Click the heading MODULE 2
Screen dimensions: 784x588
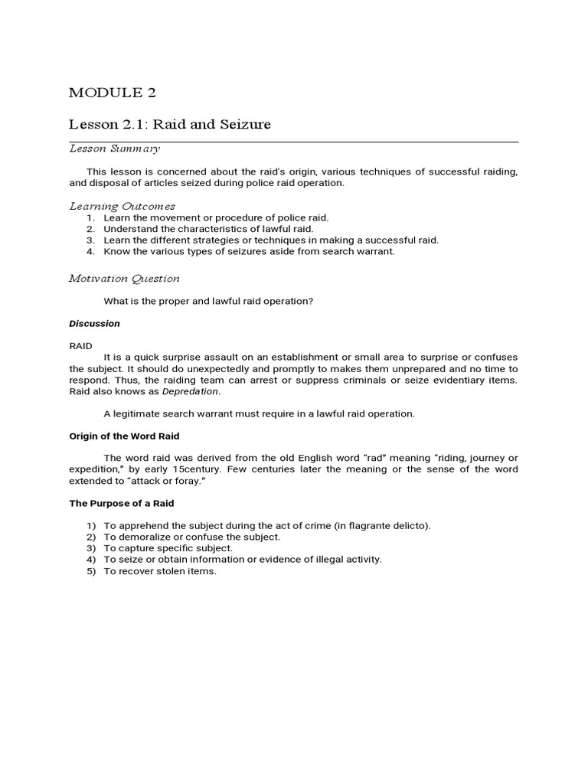click(112, 93)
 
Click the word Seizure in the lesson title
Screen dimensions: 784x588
click(243, 124)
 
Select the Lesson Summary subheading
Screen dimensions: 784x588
click(114, 149)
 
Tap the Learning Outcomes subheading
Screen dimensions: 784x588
click(122, 206)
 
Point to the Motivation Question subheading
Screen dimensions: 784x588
click(124, 279)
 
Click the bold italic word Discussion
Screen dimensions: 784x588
click(94, 324)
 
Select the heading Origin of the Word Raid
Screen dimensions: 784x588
click(124, 436)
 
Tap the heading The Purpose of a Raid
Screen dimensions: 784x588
click(122, 503)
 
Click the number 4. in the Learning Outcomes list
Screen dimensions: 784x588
click(90, 251)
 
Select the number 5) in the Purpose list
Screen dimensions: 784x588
click(90, 571)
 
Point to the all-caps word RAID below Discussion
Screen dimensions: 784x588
click(80, 346)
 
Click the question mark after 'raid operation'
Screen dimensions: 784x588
click(311, 301)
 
